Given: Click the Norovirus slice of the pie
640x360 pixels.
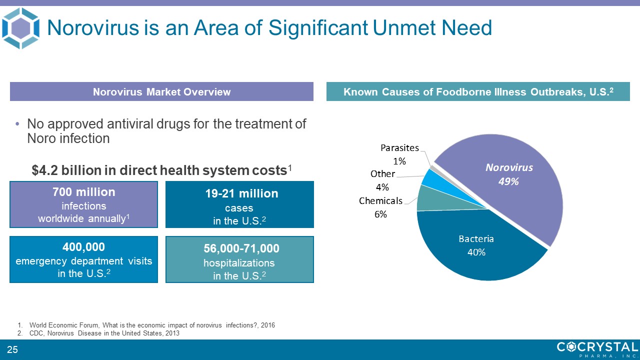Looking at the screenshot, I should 520,200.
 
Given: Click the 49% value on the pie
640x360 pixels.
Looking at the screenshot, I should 508,181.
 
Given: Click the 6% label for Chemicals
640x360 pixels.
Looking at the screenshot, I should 380,214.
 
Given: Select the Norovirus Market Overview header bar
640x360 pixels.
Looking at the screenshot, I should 161,91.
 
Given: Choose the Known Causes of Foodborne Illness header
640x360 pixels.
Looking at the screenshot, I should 478,91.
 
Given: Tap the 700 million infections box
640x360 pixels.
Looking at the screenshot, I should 83,204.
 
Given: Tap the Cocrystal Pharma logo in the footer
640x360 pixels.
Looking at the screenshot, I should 597,349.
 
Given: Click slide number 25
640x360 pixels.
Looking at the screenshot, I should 12,349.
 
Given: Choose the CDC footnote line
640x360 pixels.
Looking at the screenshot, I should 104,333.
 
